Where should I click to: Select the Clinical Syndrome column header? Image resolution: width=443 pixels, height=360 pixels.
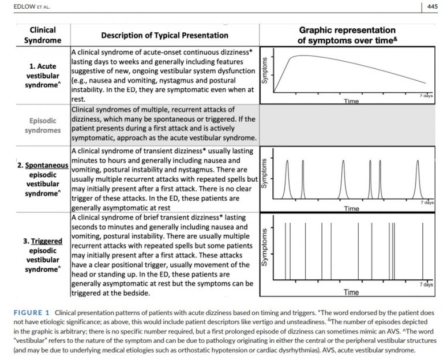pyautogui.click(x=42, y=35)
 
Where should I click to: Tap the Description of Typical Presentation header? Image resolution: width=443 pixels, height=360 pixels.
pyautogui.click(x=164, y=35)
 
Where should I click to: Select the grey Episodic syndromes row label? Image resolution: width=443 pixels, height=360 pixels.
pyautogui.click(x=42, y=125)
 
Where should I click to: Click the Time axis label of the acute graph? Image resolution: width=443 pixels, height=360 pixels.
pyautogui.click(x=351, y=101)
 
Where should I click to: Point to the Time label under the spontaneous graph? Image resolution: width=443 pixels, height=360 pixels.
pyautogui.click(x=351, y=208)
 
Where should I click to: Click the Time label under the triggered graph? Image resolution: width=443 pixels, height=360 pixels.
pyautogui.click(x=351, y=292)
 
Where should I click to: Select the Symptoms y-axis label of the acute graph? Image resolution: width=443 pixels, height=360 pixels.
pyautogui.click(x=265, y=71)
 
